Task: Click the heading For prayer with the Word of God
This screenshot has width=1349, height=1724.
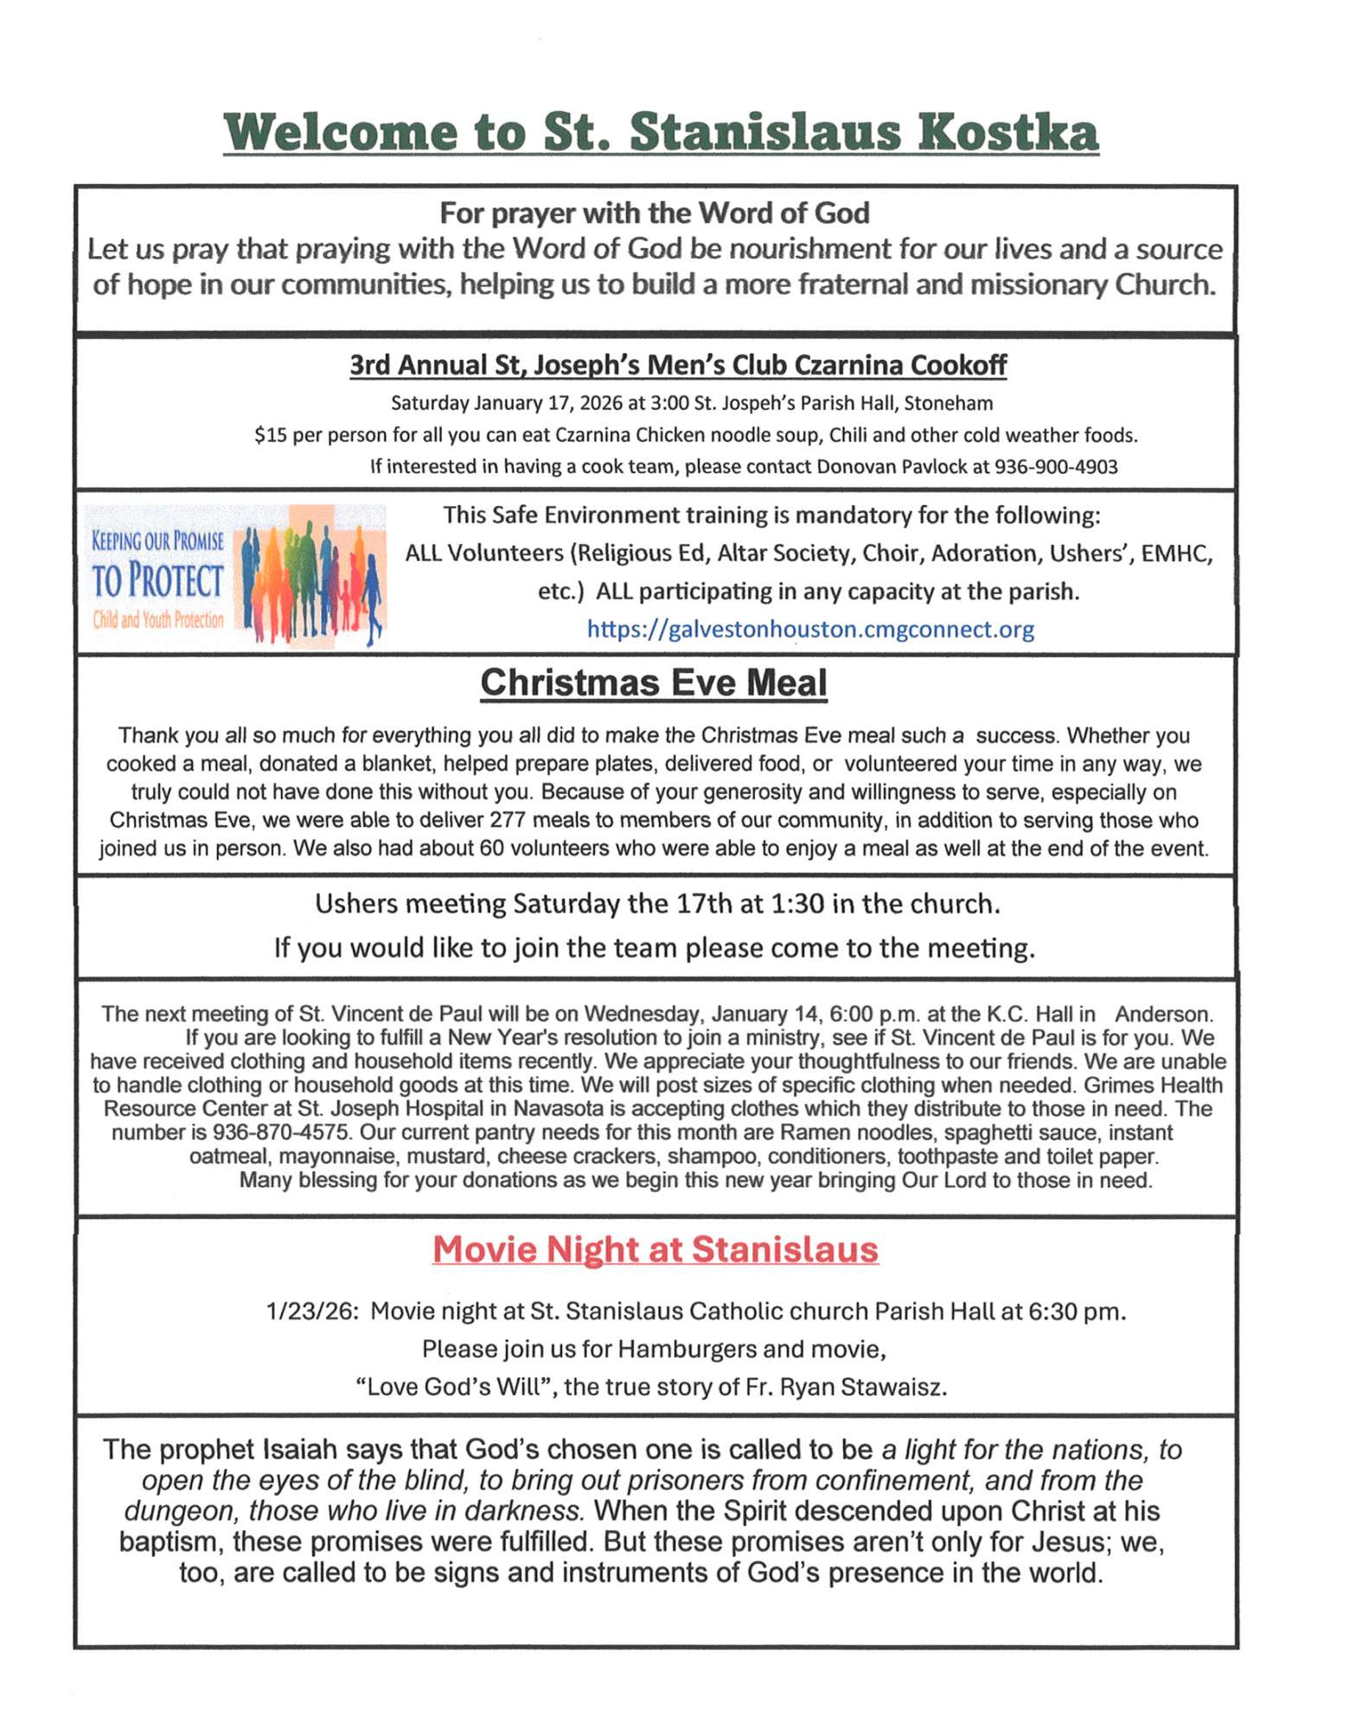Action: (x=655, y=213)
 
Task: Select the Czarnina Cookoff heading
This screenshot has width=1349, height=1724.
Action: (x=677, y=365)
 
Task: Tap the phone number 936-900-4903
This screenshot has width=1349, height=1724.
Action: (x=1056, y=467)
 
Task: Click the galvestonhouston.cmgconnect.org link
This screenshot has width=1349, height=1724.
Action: (x=810, y=629)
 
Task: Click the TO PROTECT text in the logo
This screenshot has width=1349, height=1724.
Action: (x=157, y=580)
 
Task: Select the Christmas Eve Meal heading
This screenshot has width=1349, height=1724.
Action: (x=654, y=683)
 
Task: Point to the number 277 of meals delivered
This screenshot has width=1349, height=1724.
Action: (x=508, y=820)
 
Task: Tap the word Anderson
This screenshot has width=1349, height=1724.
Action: (x=1163, y=1014)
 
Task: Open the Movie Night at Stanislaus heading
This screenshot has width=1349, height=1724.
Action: (x=655, y=1249)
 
